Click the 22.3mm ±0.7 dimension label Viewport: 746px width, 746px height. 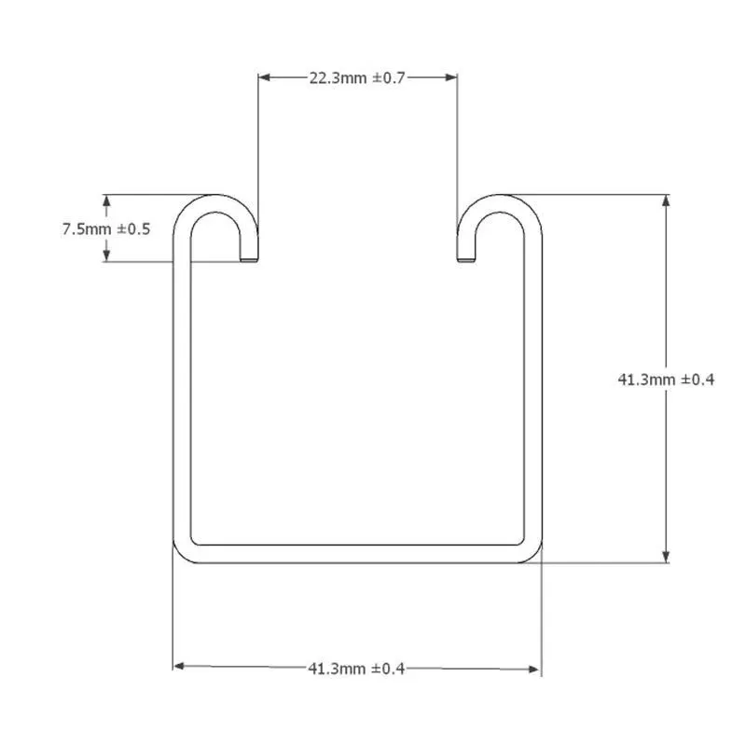tap(357, 77)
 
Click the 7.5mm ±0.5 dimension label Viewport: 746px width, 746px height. tap(106, 228)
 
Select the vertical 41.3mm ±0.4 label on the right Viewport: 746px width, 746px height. tap(667, 379)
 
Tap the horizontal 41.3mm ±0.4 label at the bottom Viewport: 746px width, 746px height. tap(355, 668)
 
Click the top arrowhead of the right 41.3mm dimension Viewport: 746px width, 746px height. tap(666, 200)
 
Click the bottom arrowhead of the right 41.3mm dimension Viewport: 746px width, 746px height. tap(666, 557)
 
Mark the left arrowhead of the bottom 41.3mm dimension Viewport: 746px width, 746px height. tap(180, 667)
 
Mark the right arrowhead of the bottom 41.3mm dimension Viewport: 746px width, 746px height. tap(534, 667)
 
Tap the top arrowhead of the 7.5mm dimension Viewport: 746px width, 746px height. tap(107, 200)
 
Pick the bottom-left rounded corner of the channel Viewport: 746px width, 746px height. tap(182, 554)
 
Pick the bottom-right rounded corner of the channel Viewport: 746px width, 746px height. tap(532, 554)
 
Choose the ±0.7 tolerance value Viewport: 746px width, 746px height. tap(389, 77)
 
